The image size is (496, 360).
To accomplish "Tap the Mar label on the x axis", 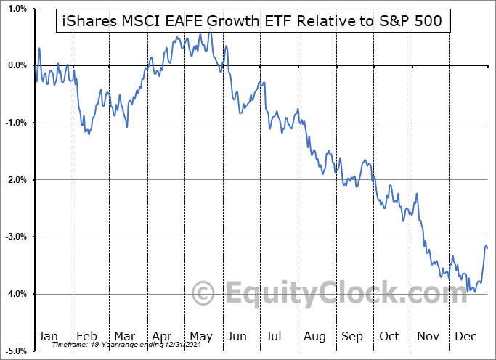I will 124,336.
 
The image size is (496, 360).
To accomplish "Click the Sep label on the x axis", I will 352,336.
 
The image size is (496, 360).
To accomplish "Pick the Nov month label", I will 428,336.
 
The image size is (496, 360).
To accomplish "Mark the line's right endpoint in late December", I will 487,248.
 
